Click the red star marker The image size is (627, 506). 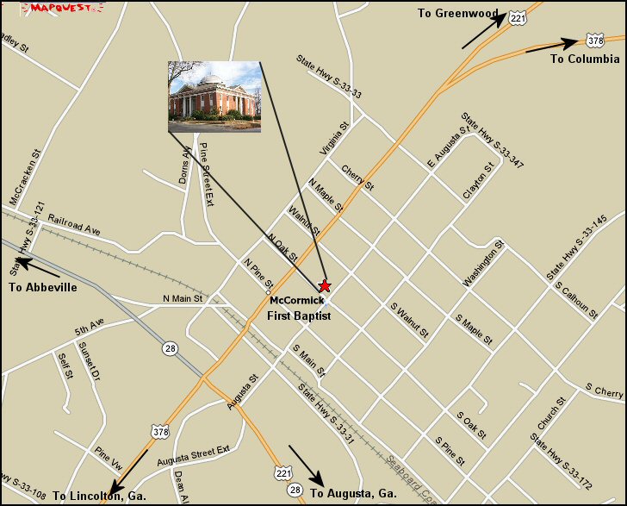[325, 285]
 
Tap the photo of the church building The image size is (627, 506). [214, 97]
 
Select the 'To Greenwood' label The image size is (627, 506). [457, 13]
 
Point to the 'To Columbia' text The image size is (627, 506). [584, 59]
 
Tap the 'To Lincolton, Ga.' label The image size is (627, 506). [98, 496]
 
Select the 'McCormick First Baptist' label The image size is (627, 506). [299, 308]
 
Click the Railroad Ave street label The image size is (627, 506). [74, 224]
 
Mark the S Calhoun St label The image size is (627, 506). [575, 300]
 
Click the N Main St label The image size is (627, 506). [182, 299]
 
